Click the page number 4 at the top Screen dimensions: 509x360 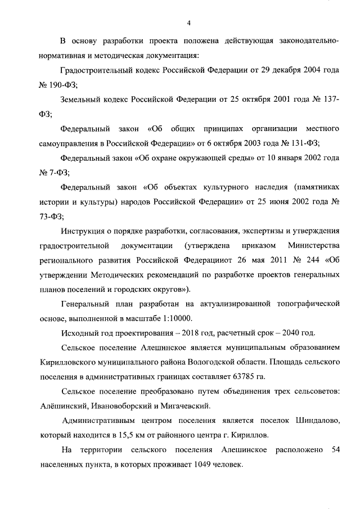(189, 22)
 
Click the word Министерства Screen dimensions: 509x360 (312, 246)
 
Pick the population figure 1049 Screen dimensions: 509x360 (202, 465)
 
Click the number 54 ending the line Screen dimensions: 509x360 (335, 451)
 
